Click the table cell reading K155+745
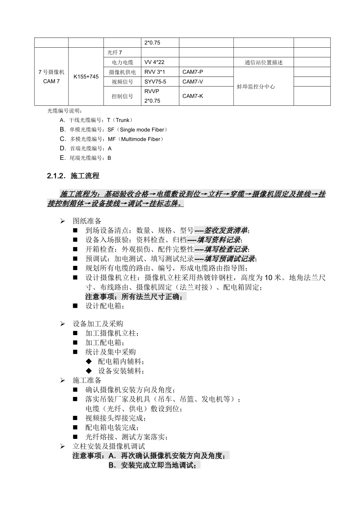[x=86, y=77]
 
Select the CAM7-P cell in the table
[x=193, y=72]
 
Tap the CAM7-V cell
[x=193, y=82]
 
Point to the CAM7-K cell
[x=193, y=96]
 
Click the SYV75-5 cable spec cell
[x=155, y=82]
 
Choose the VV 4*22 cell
[x=154, y=62]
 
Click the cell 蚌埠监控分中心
[x=256, y=86]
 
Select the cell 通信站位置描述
[x=263, y=62]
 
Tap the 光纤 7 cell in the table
[x=114, y=53]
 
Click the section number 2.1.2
[x=57, y=176]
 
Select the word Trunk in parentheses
[x=122, y=120]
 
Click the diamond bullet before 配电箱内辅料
[x=89, y=361]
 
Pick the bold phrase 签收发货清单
[x=226, y=230]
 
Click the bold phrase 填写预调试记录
[x=230, y=259]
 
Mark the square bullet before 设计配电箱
[x=75, y=306]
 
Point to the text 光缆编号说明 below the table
[x=63, y=111]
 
